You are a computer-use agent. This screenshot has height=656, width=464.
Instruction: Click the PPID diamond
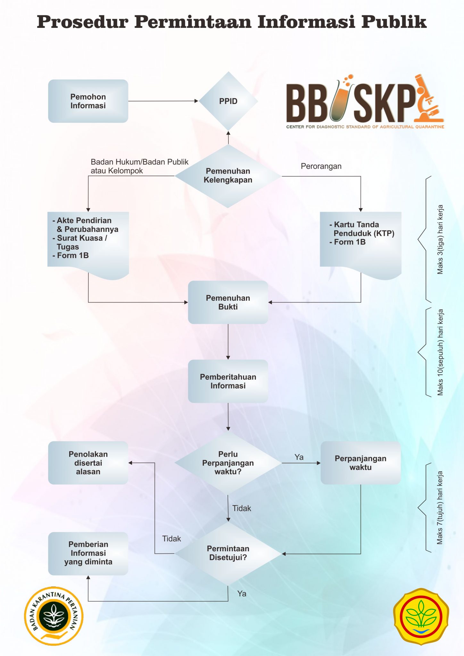click(x=228, y=101)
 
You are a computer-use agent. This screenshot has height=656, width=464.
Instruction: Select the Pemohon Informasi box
click(x=88, y=101)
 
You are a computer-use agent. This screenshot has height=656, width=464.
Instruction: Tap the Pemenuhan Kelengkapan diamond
click(x=228, y=176)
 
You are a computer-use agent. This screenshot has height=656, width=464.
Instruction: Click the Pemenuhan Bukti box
click(x=228, y=302)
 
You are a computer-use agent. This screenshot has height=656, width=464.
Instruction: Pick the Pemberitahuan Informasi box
click(x=228, y=381)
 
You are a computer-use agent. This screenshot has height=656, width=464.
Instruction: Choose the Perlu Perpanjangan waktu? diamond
click(x=228, y=463)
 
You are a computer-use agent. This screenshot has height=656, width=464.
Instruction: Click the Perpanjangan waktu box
click(x=360, y=463)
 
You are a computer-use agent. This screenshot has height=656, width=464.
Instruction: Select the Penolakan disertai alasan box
click(x=88, y=463)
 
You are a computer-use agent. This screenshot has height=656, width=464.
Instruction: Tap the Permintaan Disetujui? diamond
click(x=228, y=553)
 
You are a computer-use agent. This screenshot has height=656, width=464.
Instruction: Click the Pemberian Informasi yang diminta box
click(x=88, y=553)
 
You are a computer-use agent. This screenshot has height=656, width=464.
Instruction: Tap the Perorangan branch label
click(x=321, y=166)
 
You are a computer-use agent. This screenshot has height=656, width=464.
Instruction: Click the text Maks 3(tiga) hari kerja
click(x=440, y=240)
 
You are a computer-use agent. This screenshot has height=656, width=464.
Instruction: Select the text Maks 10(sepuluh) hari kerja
click(x=440, y=352)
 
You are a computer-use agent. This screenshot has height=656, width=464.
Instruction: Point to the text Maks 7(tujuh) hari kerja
click(x=440, y=508)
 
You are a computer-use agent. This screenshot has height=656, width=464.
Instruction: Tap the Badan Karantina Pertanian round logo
click(x=54, y=616)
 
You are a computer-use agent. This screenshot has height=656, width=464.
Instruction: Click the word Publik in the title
click(x=394, y=22)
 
